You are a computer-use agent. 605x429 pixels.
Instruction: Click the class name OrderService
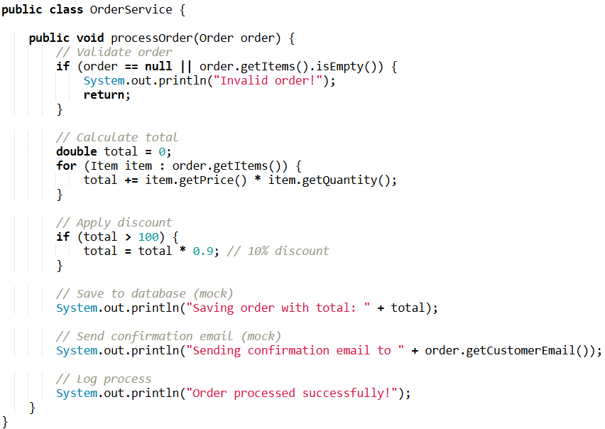coord(131,9)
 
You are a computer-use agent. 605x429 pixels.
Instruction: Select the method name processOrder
coord(152,38)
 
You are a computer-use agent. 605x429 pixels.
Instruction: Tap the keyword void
coord(90,38)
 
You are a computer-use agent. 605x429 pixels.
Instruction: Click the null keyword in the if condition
coord(158,66)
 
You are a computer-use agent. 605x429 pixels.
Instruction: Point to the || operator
coord(186,66)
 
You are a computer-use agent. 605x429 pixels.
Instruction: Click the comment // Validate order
coord(114,52)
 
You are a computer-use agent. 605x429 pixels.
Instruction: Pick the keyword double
coord(77,151)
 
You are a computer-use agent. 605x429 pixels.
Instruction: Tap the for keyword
coord(66,165)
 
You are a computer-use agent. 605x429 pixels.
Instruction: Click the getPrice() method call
coord(195,180)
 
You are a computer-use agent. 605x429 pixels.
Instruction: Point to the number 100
coord(148,237)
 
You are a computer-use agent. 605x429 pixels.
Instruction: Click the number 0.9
coord(203,251)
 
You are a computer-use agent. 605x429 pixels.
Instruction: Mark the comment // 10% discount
coord(278,251)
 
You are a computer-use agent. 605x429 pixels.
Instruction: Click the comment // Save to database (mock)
coord(145,294)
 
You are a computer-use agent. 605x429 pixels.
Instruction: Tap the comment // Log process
coord(104,379)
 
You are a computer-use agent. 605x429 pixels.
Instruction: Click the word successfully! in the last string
coord(346,393)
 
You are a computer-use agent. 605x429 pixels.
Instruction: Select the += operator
coord(131,180)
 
